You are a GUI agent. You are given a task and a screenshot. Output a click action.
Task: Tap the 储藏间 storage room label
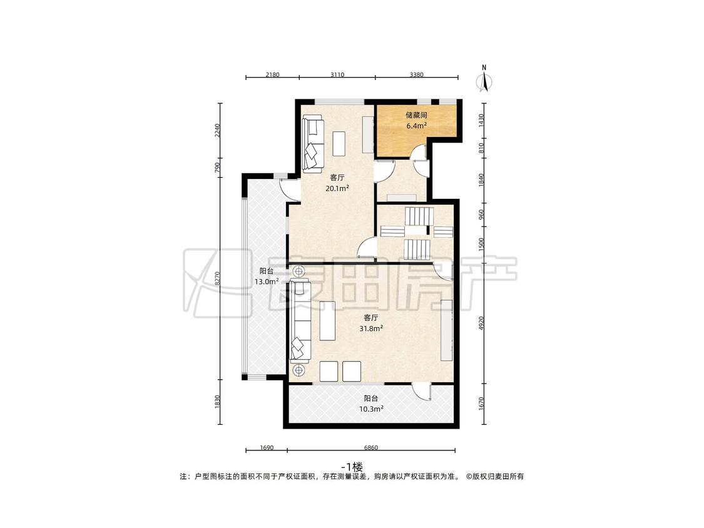[416, 115]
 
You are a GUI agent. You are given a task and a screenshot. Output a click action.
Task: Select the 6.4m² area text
[416, 126]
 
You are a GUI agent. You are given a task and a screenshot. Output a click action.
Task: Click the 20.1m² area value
[337, 188]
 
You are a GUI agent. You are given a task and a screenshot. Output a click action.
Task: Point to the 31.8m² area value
[371, 328]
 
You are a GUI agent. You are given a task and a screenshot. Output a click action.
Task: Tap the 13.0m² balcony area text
[267, 282]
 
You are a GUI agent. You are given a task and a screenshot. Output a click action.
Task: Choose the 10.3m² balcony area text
[371, 409]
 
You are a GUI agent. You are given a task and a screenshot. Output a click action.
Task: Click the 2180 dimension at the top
[272, 74]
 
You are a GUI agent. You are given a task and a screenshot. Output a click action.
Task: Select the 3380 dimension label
[416, 74]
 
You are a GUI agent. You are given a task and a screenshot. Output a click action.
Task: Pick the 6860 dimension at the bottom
[371, 448]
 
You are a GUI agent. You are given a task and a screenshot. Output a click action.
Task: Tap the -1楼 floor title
[352, 466]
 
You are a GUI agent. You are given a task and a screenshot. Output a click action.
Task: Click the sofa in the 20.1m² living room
[313, 144]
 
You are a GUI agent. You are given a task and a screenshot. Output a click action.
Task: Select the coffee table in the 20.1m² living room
[339, 143]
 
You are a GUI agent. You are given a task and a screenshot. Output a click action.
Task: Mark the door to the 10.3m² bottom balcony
[422, 392]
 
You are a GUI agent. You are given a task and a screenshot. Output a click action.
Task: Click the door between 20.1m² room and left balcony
[289, 190]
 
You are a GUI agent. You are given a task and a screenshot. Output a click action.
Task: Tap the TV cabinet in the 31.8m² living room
[447, 330]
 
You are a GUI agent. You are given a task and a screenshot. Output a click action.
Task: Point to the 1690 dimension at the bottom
[266, 448]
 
